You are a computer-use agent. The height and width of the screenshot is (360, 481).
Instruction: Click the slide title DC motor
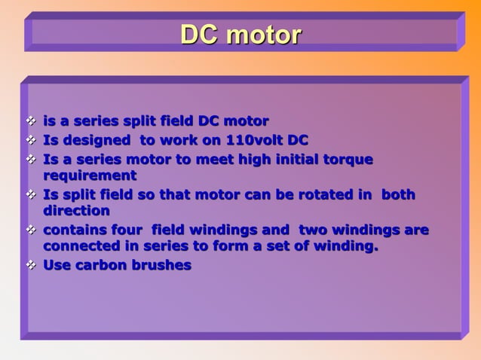pyautogui.click(x=240, y=35)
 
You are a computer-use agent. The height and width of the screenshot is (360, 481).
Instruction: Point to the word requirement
pyautogui.click(x=90, y=175)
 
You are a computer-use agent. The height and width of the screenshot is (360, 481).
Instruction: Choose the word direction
pyautogui.click(x=76, y=211)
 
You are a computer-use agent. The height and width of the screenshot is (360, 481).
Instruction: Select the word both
pyautogui.click(x=398, y=194)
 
